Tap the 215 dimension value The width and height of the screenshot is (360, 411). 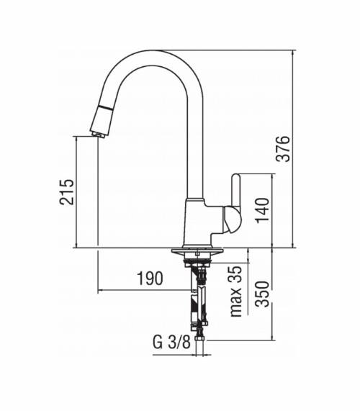[x=66, y=192]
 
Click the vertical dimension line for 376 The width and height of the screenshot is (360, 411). [x=294, y=148]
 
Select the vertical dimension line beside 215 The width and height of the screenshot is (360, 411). [x=77, y=192]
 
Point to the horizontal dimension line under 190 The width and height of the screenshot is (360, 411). [x=144, y=290]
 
